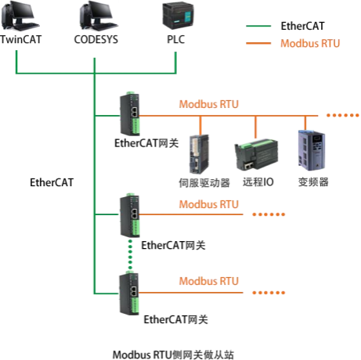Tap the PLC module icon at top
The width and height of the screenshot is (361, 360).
(175, 16)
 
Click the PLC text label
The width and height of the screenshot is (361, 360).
(175, 39)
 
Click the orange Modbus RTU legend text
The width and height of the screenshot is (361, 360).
(310, 44)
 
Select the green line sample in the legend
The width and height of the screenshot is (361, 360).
(259, 26)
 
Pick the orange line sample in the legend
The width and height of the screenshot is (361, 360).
(259, 44)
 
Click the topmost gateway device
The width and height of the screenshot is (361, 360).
(128, 113)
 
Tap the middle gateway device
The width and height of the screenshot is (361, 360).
(128, 213)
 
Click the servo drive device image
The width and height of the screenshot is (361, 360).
(199, 153)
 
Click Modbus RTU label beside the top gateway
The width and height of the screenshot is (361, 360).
(208, 103)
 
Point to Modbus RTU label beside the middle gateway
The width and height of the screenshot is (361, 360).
(208, 204)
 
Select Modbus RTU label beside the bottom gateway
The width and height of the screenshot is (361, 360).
(208, 281)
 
